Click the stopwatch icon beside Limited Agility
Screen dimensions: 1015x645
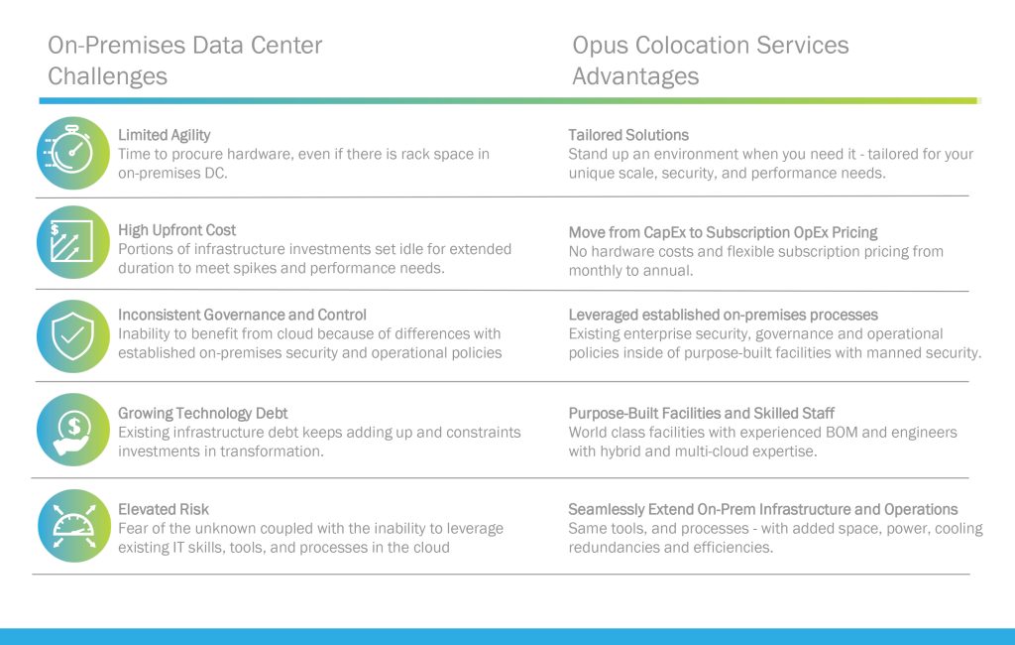[x=73, y=153]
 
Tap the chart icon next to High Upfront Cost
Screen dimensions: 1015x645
[x=73, y=242]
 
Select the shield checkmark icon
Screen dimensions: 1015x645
[x=73, y=335]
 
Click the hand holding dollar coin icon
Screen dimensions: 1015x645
[x=73, y=429]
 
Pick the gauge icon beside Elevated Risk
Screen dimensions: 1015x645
[x=73, y=525]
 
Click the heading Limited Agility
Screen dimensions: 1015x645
[x=164, y=135]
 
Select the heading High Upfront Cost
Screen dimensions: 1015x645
[x=176, y=230]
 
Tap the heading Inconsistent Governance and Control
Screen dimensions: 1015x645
[x=242, y=315]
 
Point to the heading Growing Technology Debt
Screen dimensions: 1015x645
[x=202, y=413]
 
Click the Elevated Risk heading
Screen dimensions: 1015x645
[x=164, y=509]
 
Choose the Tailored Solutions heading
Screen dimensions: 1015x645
[x=628, y=135]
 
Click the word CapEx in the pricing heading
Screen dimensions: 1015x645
[x=665, y=232]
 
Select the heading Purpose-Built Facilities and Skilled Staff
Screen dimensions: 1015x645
[x=701, y=413]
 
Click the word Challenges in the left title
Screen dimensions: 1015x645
[x=107, y=76]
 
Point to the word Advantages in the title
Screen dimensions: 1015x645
[x=635, y=76]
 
